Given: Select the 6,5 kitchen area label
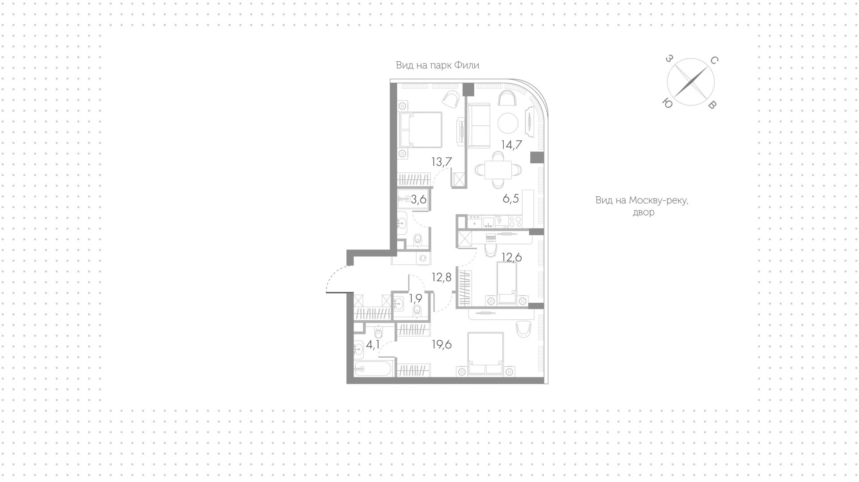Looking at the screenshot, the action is point(510,199).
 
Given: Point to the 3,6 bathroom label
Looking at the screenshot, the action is point(105,199).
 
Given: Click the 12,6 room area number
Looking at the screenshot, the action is point(512,257).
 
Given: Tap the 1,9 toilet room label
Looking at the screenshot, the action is point(102,298).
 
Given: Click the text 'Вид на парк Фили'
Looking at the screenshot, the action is point(438,65).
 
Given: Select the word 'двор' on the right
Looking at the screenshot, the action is point(643,212).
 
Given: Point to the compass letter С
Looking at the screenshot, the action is point(714,60).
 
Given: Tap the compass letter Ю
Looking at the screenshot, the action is point(667,104).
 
